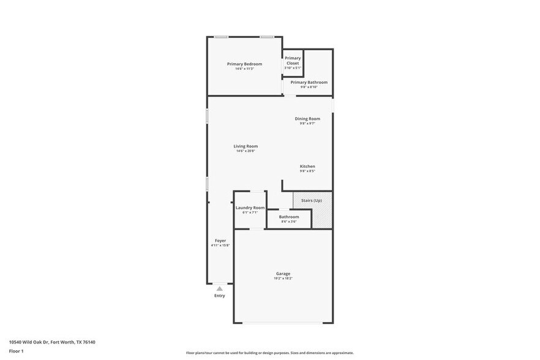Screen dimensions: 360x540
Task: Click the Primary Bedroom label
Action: click(x=244, y=64)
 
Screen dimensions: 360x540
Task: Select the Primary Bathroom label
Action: click(x=309, y=82)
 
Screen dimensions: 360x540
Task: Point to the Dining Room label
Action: click(x=307, y=119)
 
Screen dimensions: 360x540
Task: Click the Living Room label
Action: click(x=246, y=146)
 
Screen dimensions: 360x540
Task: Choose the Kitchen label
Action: click(x=307, y=167)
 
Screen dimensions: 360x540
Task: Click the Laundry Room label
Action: click(x=250, y=208)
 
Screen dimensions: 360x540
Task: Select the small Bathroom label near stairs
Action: click(x=289, y=217)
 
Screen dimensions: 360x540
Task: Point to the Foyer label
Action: click(x=220, y=241)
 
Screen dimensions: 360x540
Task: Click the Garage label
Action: click(x=283, y=274)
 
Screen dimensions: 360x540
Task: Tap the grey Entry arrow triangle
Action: click(x=220, y=288)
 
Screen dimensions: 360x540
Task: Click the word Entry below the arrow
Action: click(x=220, y=296)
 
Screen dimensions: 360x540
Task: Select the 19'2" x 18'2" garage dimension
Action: click(x=283, y=279)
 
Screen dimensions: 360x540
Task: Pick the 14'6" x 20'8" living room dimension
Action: click(x=246, y=151)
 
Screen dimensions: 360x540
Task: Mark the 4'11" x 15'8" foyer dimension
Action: click(x=220, y=246)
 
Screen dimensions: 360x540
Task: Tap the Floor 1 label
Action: click(x=17, y=351)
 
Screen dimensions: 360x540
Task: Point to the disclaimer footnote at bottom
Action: click(x=270, y=353)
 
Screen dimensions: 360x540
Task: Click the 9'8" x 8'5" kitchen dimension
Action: click(x=307, y=171)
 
